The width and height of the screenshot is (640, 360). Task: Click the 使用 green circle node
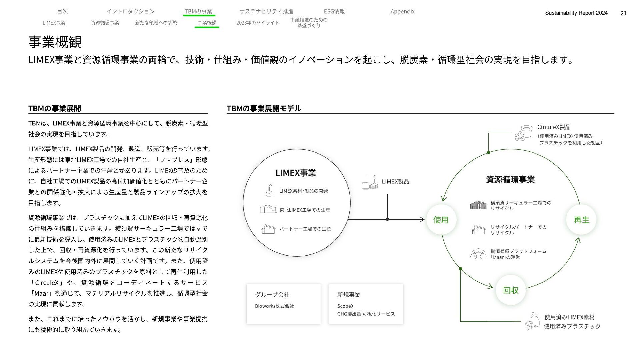(x=441, y=220)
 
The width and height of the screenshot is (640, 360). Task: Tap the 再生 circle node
(x=581, y=220)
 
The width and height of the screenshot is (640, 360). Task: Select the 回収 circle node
(x=511, y=290)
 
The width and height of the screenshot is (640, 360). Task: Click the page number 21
(x=623, y=13)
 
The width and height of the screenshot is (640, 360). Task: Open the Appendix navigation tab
(x=402, y=12)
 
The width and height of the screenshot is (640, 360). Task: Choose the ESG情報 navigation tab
(x=334, y=12)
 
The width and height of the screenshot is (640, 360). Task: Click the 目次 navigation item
(x=62, y=12)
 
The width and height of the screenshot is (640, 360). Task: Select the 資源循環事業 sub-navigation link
(x=105, y=23)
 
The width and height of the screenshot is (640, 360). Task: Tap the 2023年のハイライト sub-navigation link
(x=258, y=23)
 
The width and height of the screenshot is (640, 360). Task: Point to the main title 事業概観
(x=55, y=42)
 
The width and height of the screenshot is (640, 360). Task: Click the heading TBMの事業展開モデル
(x=264, y=108)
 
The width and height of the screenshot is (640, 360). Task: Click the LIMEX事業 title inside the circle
(x=295, y=173)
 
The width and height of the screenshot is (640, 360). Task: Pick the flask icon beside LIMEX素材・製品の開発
(x=269, y=190)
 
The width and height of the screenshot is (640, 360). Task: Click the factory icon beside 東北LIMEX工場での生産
(x=268, y=209)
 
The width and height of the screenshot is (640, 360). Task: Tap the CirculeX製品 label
(x=554, y=127)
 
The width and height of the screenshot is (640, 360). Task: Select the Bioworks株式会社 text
(x=274, y=306)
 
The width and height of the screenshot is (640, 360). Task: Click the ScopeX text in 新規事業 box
(x=345, y=306)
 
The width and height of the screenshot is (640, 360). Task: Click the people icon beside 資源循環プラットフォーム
(x=478, y=254)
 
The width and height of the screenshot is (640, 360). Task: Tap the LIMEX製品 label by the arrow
(x=395, y=182)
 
